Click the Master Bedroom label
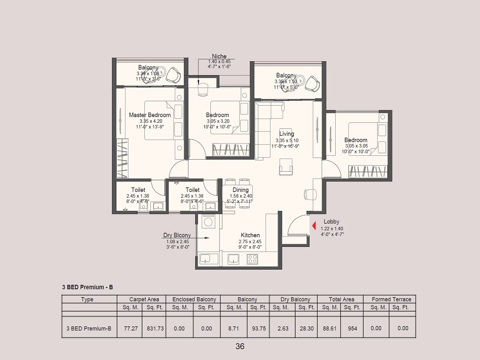click(150, 115)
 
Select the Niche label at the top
click(219, 56)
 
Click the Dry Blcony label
click(177, 236)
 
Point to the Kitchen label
click(250, 235)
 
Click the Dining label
click(240, 190)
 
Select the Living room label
click(286, 134)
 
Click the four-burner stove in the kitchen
click(252, 259)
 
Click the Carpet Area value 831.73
click(154, 328)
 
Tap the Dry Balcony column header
click(295, 299)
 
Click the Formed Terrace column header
click(391, 299)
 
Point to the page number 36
click(240, 346)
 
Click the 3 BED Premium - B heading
click(87, 287)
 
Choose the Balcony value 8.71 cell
click(234, 328)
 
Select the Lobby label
click(331, 222)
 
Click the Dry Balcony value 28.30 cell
click(307, 328)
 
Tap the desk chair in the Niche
click(203, 90)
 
